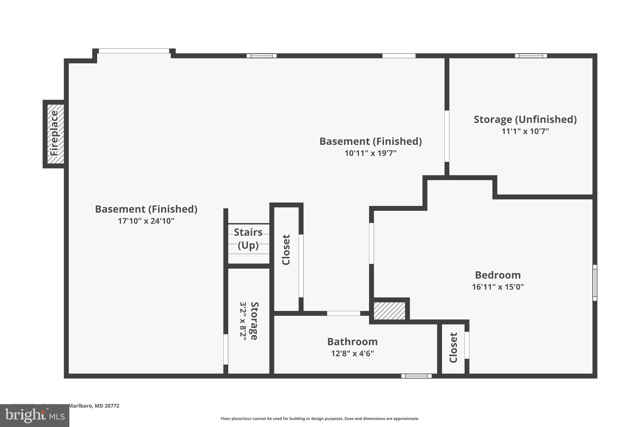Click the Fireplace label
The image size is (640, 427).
54,134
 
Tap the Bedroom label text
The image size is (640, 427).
498,275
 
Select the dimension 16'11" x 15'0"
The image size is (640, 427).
498,287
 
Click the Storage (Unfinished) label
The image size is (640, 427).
525,119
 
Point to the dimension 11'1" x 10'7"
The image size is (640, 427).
525,131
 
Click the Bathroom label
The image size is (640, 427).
352,342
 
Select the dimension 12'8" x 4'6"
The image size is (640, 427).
352,353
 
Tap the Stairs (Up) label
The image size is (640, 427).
248,239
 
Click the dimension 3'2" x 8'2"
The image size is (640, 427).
243,321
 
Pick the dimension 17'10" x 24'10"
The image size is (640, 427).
146,221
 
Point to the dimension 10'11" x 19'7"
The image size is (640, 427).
370,153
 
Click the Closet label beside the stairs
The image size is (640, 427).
286,250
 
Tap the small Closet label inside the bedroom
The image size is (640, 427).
453,347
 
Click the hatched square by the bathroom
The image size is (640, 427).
389,310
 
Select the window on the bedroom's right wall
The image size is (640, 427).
595,283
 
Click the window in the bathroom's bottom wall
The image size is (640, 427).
416,376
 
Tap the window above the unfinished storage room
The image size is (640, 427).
531,56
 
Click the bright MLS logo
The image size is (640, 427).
35,415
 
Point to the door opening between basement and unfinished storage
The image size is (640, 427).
447,136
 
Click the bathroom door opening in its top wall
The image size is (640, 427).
343,313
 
